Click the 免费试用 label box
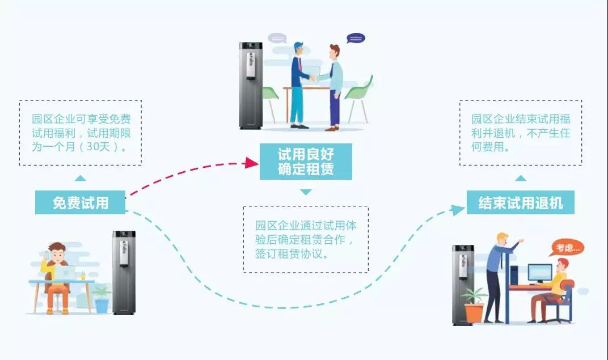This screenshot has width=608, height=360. click(x=80, y=202)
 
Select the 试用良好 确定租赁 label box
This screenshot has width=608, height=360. click(x=306, y=162)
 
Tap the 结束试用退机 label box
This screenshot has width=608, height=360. click(x=520, y=202)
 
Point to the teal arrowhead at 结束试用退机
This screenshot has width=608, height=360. click(x=458, y=210)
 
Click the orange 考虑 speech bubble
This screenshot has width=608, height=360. click(x=567, y=248)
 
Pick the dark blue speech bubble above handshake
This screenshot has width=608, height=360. click(x=356, y=39)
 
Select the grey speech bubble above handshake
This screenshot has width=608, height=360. click(x=277, y=39)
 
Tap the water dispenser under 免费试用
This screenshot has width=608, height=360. click(x=124, y=272)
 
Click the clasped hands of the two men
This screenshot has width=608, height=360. click(x=313, y=77)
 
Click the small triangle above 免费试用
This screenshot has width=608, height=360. click(x=81, y=179)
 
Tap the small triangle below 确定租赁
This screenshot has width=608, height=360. click(x=306, y=192)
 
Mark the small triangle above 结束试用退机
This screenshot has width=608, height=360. click(x=520, y=178)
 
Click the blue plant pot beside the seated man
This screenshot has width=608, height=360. click(x=102, y=305)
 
